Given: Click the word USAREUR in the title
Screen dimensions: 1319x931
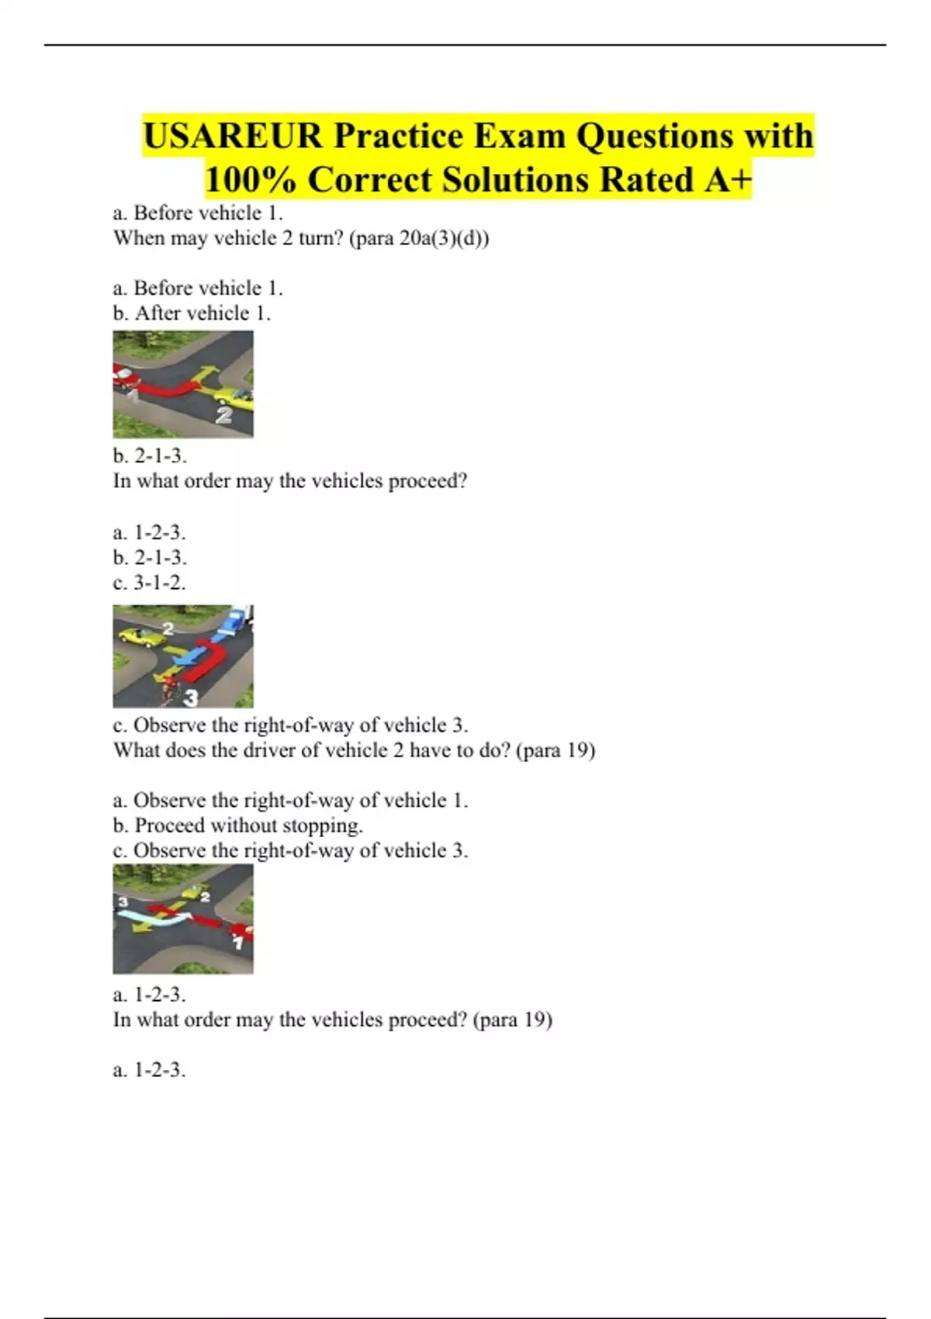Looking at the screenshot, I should [233, 137].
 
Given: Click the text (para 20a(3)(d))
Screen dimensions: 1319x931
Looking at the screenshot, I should [420, 238].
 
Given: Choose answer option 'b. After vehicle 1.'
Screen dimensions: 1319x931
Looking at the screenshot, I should [192, 313].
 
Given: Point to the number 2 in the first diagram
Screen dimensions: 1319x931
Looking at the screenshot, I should [223, 416].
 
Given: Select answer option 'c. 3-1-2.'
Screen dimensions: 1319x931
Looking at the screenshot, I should [150, 583].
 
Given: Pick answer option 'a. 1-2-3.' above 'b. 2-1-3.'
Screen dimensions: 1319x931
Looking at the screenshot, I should [150, 533].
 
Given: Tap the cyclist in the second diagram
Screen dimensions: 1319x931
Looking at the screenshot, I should [168, 690].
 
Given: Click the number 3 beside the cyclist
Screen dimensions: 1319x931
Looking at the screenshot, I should [191, 698].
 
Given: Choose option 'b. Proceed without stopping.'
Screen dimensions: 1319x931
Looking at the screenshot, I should [238, 826].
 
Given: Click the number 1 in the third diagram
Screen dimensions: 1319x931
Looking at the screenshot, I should [239, 943].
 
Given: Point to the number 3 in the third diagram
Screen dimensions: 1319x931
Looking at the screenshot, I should [123, 902].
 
